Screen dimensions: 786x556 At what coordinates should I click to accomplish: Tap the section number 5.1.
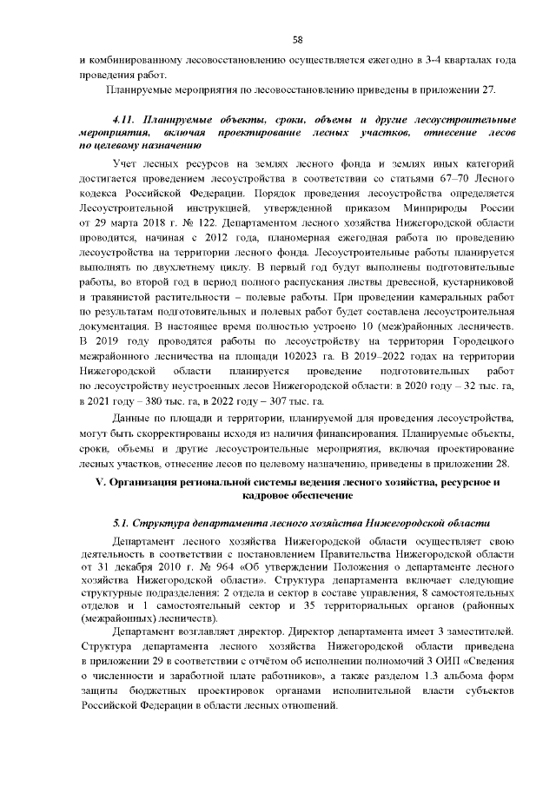tap(123, 524)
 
